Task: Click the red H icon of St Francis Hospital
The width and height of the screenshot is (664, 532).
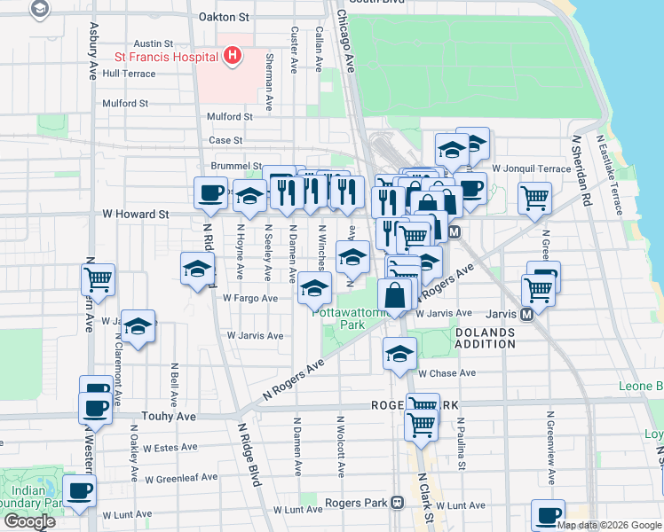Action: (x=233, y=57)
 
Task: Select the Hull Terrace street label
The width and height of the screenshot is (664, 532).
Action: (x=129, y=74)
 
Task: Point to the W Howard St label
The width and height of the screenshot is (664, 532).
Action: (x=135, y=214)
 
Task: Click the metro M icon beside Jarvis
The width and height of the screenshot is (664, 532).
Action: (x=526, y=314)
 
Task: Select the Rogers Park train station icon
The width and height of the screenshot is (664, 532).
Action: (x=398, y=503)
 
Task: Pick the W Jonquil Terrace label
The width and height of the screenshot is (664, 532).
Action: (x=531, y=168)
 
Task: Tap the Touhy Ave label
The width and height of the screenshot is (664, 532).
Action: (x=169, y=415)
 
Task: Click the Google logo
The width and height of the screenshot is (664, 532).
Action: (x=29, y=521)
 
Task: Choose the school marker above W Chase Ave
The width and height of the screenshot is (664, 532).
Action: (x=399, y=353)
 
